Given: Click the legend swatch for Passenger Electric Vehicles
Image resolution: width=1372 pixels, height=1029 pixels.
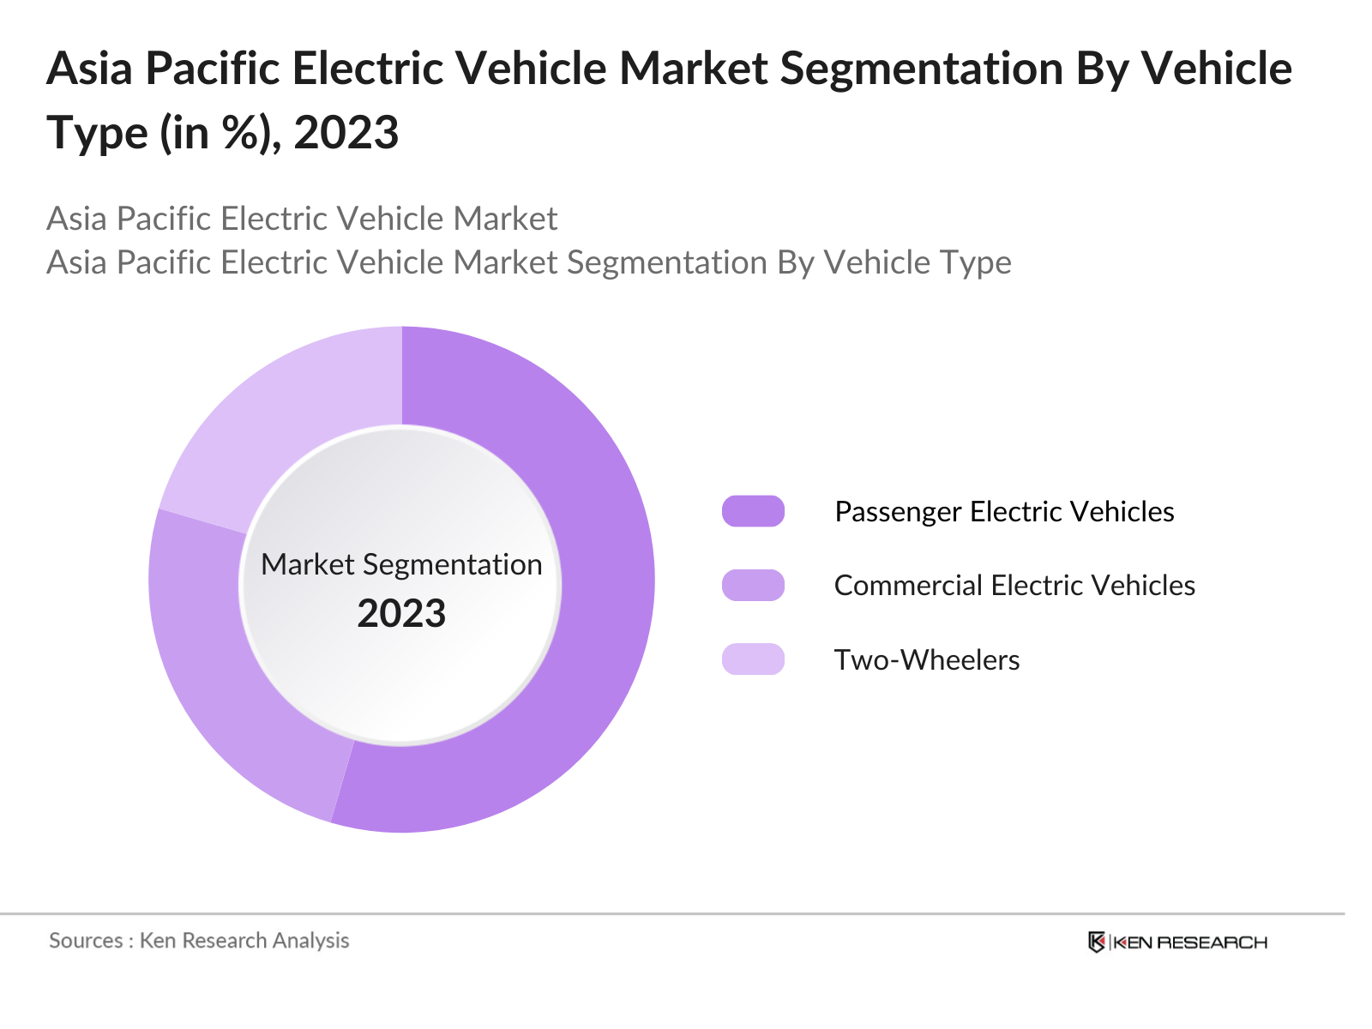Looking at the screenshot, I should point(753,511).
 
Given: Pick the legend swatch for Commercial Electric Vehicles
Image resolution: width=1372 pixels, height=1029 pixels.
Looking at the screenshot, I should point(753,585).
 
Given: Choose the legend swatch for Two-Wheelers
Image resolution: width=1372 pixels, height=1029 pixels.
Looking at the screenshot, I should point(753,659).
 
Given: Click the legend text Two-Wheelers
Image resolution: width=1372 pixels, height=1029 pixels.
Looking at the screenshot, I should point(926,659).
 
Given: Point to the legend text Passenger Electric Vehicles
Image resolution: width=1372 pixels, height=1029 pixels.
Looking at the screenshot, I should point(1003,511).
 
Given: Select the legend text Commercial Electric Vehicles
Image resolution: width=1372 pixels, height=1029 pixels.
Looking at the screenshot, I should point(1014,585).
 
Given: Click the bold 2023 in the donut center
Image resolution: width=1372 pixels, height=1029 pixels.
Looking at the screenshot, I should point(401,614).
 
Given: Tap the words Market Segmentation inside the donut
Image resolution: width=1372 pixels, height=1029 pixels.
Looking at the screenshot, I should point(401,564).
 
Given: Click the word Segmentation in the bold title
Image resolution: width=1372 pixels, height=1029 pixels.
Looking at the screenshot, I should point(921,69).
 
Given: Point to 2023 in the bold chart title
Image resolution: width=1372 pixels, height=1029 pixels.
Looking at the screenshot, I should point(346,133).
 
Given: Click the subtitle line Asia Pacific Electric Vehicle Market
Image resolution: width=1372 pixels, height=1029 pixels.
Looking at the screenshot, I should point(302,219).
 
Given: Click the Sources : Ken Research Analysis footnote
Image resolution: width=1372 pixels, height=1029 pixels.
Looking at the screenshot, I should point(199,941).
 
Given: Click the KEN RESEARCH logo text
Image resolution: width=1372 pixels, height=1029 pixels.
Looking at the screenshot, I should point(1189,942).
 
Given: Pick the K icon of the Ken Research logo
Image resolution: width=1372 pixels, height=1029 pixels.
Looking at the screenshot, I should point(1096,942).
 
